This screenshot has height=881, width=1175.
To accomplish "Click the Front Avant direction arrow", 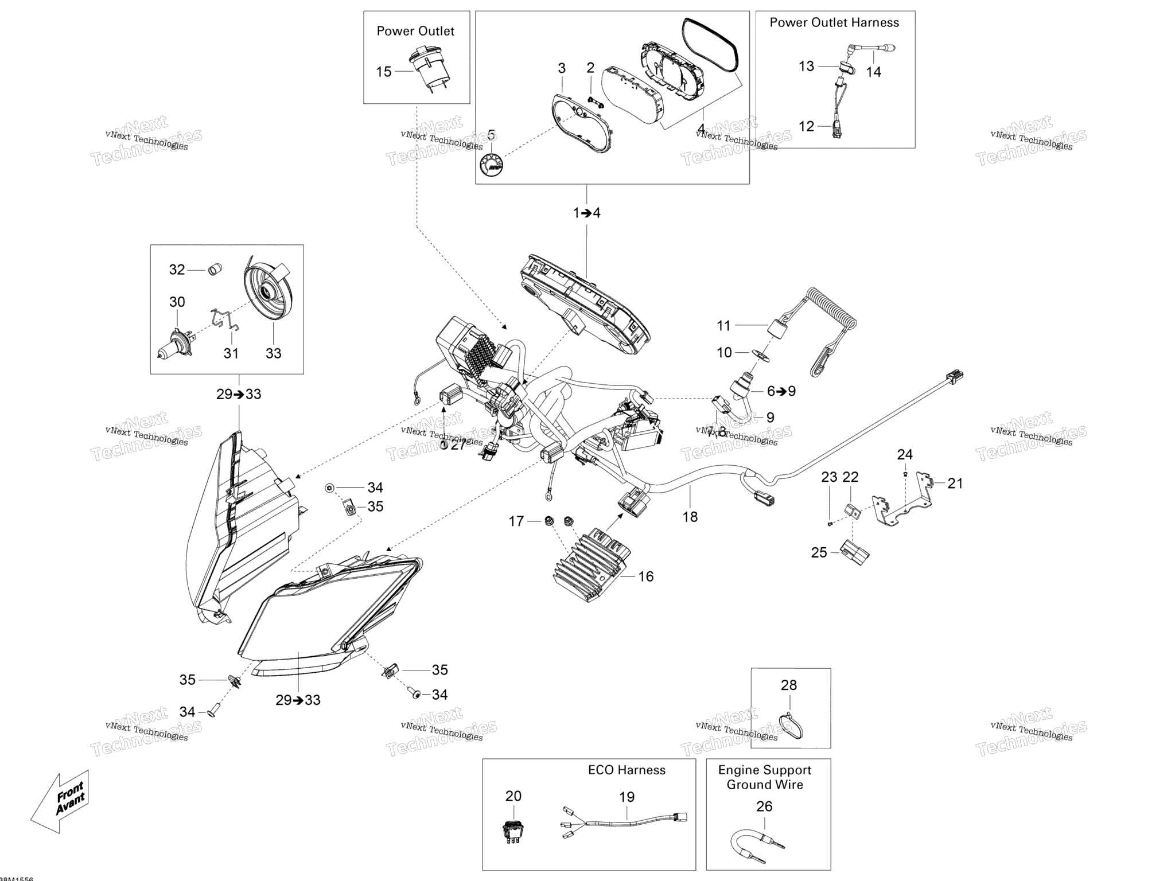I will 60,801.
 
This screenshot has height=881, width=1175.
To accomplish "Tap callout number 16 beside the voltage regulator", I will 646,576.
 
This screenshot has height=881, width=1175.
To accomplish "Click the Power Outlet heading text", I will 415,31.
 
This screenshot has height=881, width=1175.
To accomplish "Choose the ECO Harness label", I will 627,770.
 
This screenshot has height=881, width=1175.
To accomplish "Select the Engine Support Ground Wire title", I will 765,777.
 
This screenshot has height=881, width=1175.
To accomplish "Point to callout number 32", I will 177,270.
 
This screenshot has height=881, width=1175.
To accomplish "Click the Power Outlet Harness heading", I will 834,22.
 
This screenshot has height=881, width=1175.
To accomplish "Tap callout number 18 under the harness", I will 690,517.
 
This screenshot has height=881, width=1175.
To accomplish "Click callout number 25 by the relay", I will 819,552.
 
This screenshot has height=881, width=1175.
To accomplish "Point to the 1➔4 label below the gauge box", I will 586,213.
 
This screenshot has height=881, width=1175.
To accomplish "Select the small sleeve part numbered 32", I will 215,269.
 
